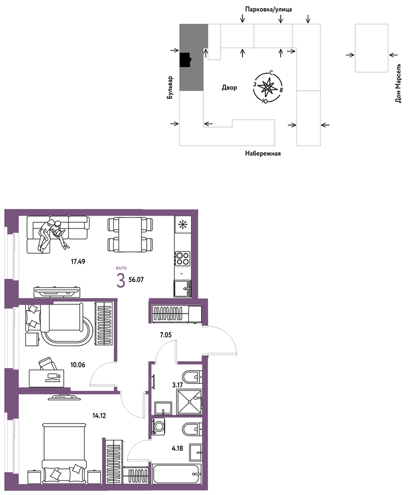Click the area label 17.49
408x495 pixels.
pos(78,261)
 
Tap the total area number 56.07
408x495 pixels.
pos(136,280)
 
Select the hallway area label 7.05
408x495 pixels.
pos(166,335)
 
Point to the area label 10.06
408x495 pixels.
pos(78,365)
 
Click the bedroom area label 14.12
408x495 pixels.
pos(99,416)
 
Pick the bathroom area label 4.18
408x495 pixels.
pos(178,448)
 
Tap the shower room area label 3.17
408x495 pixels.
pos(178,385)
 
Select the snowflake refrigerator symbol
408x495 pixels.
pos(183,224)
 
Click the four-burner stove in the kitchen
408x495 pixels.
pos(183,258)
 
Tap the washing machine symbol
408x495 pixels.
pos(159,427)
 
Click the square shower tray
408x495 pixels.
pos(189,401)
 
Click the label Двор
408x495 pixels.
pos(229,88)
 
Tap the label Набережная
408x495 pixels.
pos(263,154)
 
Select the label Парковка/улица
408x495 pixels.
pos(269,10)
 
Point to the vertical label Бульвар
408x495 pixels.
pos(170,88)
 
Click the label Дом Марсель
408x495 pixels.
pos(398,83)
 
